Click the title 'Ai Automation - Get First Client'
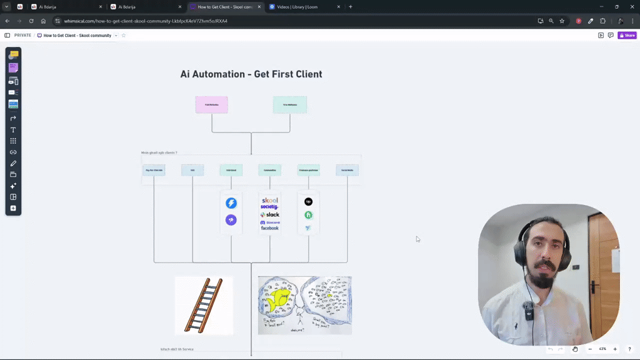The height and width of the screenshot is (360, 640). [251, 74]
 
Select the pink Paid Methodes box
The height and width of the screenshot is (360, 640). [211, 104]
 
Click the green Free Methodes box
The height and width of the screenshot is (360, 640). [290, 104]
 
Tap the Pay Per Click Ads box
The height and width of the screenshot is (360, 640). [154, 170]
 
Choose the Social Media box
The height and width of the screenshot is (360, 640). [347, 170]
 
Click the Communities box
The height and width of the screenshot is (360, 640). [270, 170]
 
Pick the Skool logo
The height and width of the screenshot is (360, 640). [270, 200]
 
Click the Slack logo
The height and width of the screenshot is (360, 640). [270, 214]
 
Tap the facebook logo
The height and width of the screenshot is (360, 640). [270, 228]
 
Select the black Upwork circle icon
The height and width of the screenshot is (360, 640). [308, 202]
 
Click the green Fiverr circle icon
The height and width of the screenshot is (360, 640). [308, 215]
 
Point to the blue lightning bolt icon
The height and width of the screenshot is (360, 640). [231, 203]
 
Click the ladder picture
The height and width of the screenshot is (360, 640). [204, 306]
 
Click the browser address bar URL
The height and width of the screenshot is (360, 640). [146, 21]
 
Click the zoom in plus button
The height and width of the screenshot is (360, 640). [615, 349]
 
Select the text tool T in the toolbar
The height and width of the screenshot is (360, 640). [13, 130]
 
